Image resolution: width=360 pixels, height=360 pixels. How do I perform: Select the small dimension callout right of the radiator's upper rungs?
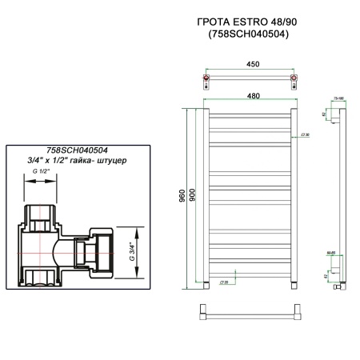tap(306, 135)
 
